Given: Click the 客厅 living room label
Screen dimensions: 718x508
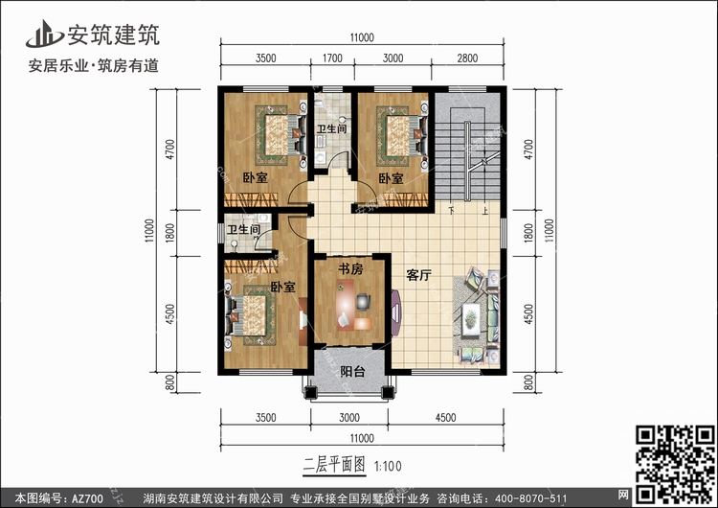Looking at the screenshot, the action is [418, 275].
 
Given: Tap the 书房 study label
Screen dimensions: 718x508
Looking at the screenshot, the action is [350, 268].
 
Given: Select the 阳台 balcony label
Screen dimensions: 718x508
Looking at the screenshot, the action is [352, 371].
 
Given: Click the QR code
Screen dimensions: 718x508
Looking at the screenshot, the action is [675, 464].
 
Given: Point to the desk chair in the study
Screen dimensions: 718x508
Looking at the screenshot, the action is [364, 301].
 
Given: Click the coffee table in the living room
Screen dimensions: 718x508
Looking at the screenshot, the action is [471, 318].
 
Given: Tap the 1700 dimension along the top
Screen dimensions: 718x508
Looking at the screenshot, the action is [332, 58].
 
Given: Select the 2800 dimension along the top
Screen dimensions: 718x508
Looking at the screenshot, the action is [467, 58].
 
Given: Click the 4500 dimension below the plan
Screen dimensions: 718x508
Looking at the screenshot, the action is [445, 418].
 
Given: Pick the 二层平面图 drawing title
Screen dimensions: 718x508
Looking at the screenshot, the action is [334, 466].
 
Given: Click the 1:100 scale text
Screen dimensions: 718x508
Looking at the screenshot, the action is [388, 467].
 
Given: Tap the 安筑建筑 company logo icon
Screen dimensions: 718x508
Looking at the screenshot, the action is [44, 34].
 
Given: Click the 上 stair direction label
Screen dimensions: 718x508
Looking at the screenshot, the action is [485, 211].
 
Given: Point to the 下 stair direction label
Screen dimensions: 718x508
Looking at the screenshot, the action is [452, 211].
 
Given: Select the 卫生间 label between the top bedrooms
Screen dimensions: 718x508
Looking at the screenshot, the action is [332, 128].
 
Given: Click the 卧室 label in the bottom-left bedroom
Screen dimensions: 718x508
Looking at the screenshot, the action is [283, 287].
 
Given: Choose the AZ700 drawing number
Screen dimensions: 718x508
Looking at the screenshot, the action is [87, 498].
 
